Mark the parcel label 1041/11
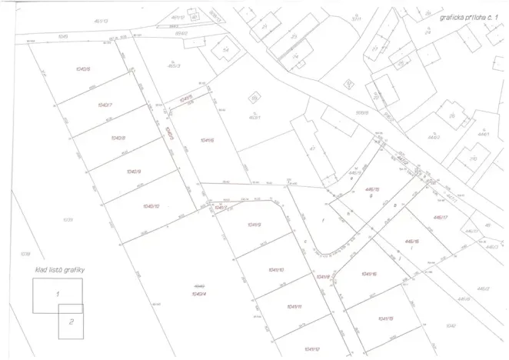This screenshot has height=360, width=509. [x=293, y=307]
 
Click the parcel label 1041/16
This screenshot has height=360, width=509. [x=368, y=274]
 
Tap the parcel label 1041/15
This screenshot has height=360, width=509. [x=385, y=318]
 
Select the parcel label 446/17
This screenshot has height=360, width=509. [x=441, y=218]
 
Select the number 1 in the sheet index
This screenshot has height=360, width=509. [x=56, y=294]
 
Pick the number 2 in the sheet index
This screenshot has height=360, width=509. [x=71, y=322]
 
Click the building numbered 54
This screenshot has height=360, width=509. [x=225, y=50]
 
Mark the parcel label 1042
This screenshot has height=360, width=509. [x=451, y=327]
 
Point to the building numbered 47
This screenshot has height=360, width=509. [x=313, y=148]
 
